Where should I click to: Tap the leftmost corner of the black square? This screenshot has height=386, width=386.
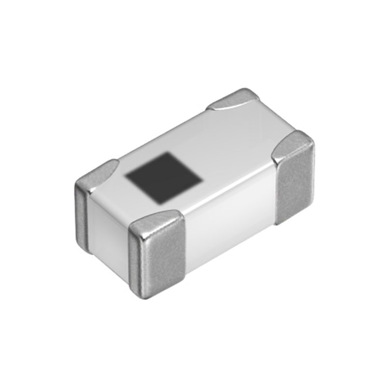tap(126, 176)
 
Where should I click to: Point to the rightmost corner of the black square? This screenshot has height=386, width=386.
tap(202, 178)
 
